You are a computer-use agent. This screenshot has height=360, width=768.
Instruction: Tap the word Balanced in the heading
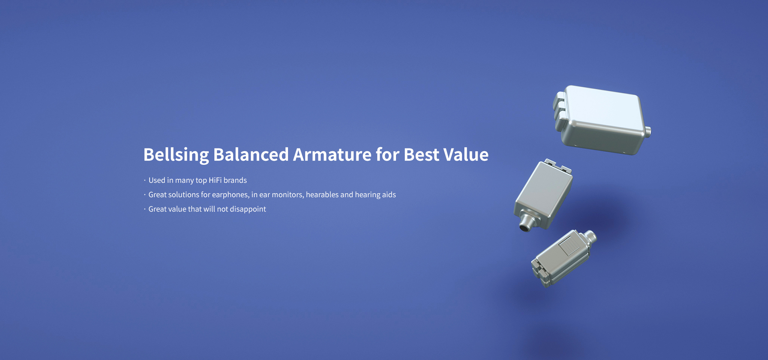(x=251, y=154)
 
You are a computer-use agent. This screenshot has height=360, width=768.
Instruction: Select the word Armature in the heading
(x=332, y=154)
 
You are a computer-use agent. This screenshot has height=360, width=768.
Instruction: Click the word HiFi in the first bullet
(x=215, y=180)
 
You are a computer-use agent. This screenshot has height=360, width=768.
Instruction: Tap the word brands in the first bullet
(x=235, y=180)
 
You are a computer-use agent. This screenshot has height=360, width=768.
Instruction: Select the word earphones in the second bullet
(x=230, y=195)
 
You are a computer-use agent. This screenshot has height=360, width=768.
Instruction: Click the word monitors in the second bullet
(x=287, y=195)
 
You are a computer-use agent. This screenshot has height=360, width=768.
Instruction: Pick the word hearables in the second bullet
(x=322, y=194)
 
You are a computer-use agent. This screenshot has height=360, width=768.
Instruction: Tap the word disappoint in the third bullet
(x=248, y=209)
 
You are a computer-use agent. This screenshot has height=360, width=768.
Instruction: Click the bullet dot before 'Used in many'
(x=145, y=180)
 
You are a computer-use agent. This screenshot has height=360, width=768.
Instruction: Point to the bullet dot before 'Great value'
(x=145, y=209)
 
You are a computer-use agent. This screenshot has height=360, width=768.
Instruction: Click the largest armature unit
(x=602, y=120)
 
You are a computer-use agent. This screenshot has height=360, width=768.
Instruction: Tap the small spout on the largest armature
(x=648, y=131)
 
